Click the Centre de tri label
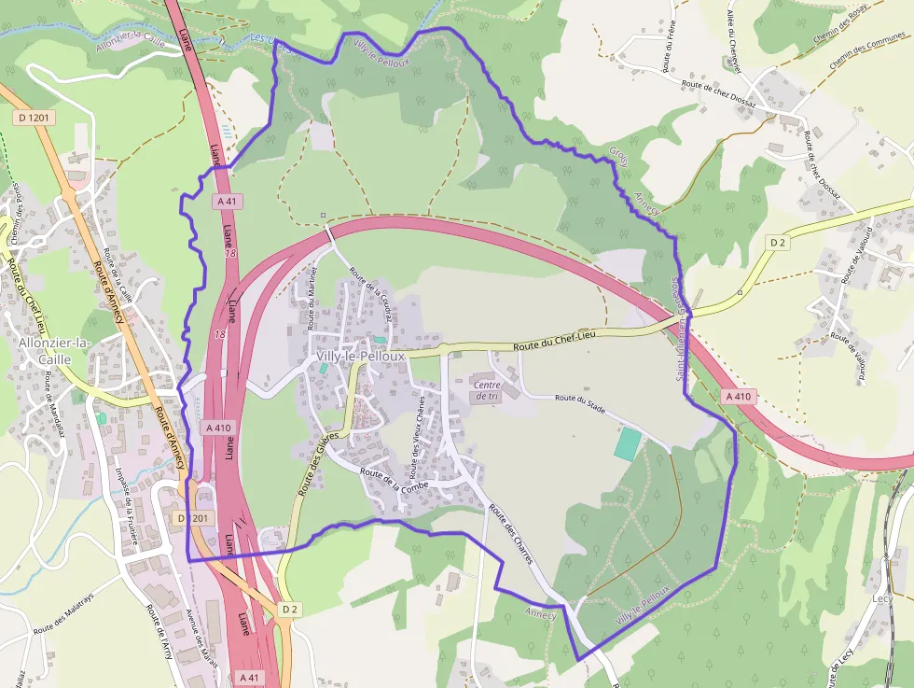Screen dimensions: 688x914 click(x=488, y=390)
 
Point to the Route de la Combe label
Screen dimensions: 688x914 click(x=394, y=479)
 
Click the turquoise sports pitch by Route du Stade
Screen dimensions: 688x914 click(x=628, y=442)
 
